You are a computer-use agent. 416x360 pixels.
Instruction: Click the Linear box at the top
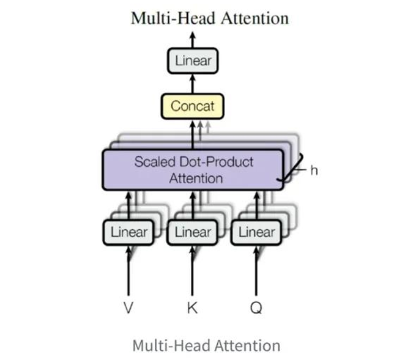(193, 61)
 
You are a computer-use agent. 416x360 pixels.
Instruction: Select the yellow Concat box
(193, 106)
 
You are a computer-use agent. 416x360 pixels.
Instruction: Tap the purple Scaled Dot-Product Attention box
(193, 170)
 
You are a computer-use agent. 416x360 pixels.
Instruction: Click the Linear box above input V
(128, 232)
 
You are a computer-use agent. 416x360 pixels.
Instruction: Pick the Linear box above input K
(193, 232)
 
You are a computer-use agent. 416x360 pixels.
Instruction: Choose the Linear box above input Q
(256, 232)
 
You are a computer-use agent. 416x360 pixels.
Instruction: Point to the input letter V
(128, 308)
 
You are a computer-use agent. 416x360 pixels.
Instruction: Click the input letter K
(193, 308)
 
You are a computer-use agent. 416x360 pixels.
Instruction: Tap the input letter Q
(256, 308)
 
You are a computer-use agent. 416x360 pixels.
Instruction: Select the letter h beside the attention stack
(314, 171)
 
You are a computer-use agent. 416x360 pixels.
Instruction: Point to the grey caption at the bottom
(206, 345)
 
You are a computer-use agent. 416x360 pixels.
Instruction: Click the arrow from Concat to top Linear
(193, 84)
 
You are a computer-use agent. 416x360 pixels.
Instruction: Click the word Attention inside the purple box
(195, 178)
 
